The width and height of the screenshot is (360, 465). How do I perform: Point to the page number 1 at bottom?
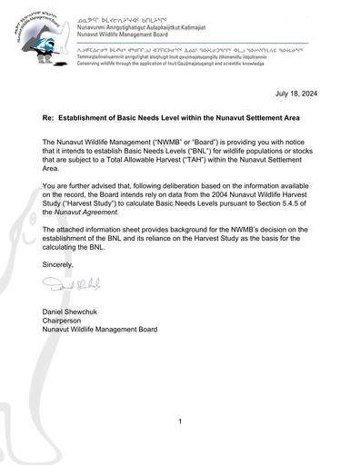[180, 422]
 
